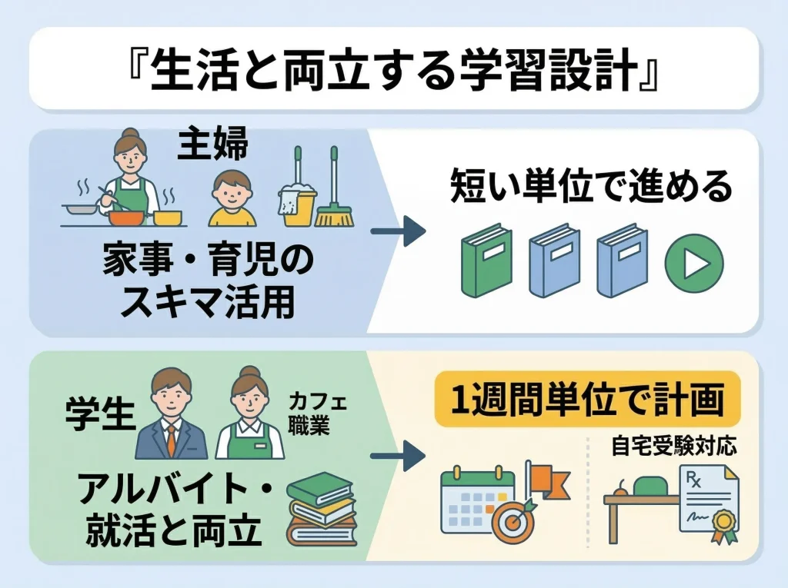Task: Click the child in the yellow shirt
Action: (x=232, y=198)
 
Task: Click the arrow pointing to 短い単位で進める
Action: (x=398, y=231)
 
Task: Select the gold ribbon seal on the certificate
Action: (x=722, y=524)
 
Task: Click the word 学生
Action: (x=101, y=414)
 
